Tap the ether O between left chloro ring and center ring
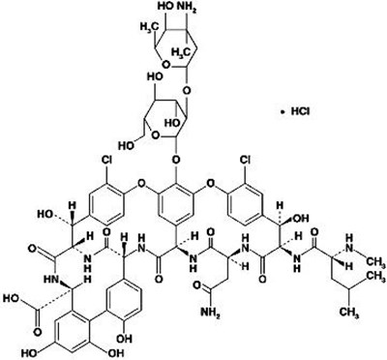pos(141,179)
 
